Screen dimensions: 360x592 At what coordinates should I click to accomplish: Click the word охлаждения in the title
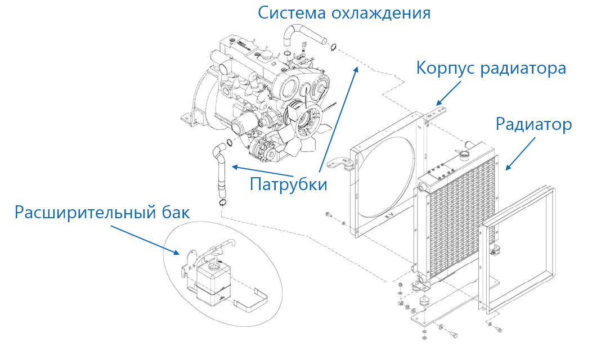click(383, 12)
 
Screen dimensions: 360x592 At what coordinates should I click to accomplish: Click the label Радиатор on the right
click(533, 125)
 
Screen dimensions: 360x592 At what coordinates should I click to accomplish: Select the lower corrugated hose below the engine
click(221, 174)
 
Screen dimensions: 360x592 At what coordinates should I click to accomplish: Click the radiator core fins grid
click(456, 225)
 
